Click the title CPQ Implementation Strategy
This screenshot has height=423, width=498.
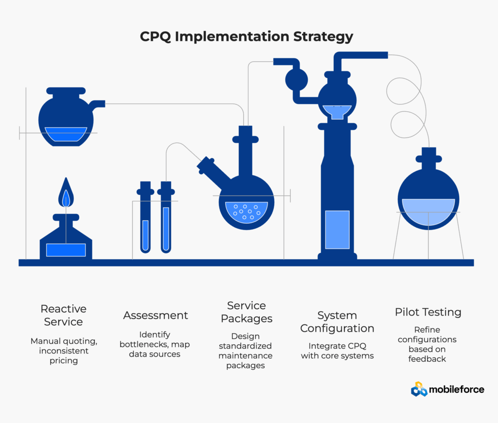coord(247,37)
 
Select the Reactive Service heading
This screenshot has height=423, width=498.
coord(63,315)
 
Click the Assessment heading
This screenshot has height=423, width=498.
coord(156,315)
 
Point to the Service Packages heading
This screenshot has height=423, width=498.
coord(247,312)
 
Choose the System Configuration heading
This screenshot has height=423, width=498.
coord(337,322)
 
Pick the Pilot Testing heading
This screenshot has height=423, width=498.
coord(428,312)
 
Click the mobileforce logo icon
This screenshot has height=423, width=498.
coord(419,389)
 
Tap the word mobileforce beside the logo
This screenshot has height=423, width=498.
coord(457,389)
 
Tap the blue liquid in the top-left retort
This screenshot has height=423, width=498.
coord(66,134)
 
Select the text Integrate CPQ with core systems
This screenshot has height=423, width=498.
coord(337,351)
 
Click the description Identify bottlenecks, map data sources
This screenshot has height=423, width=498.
coord(156,344)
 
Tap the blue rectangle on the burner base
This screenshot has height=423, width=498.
coord(66,249)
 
